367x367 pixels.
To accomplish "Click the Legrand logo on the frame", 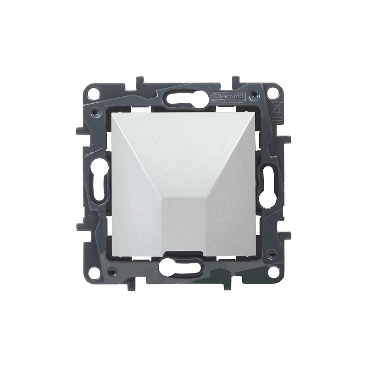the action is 228,96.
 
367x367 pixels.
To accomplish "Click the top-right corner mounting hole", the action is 272,90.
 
